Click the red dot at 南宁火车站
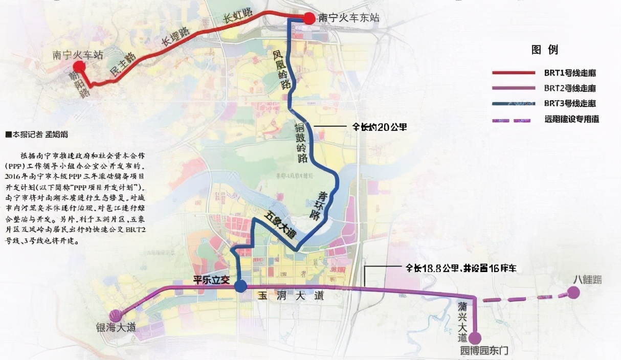(79, 66)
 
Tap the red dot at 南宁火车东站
(309, 19)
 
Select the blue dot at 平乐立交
(240, 286)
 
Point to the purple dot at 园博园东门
(475, 338)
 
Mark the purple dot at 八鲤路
(573, 292)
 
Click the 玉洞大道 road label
(291, 297)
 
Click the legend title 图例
(544, 50)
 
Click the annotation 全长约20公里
(380, 127)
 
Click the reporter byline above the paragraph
(36, 135)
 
